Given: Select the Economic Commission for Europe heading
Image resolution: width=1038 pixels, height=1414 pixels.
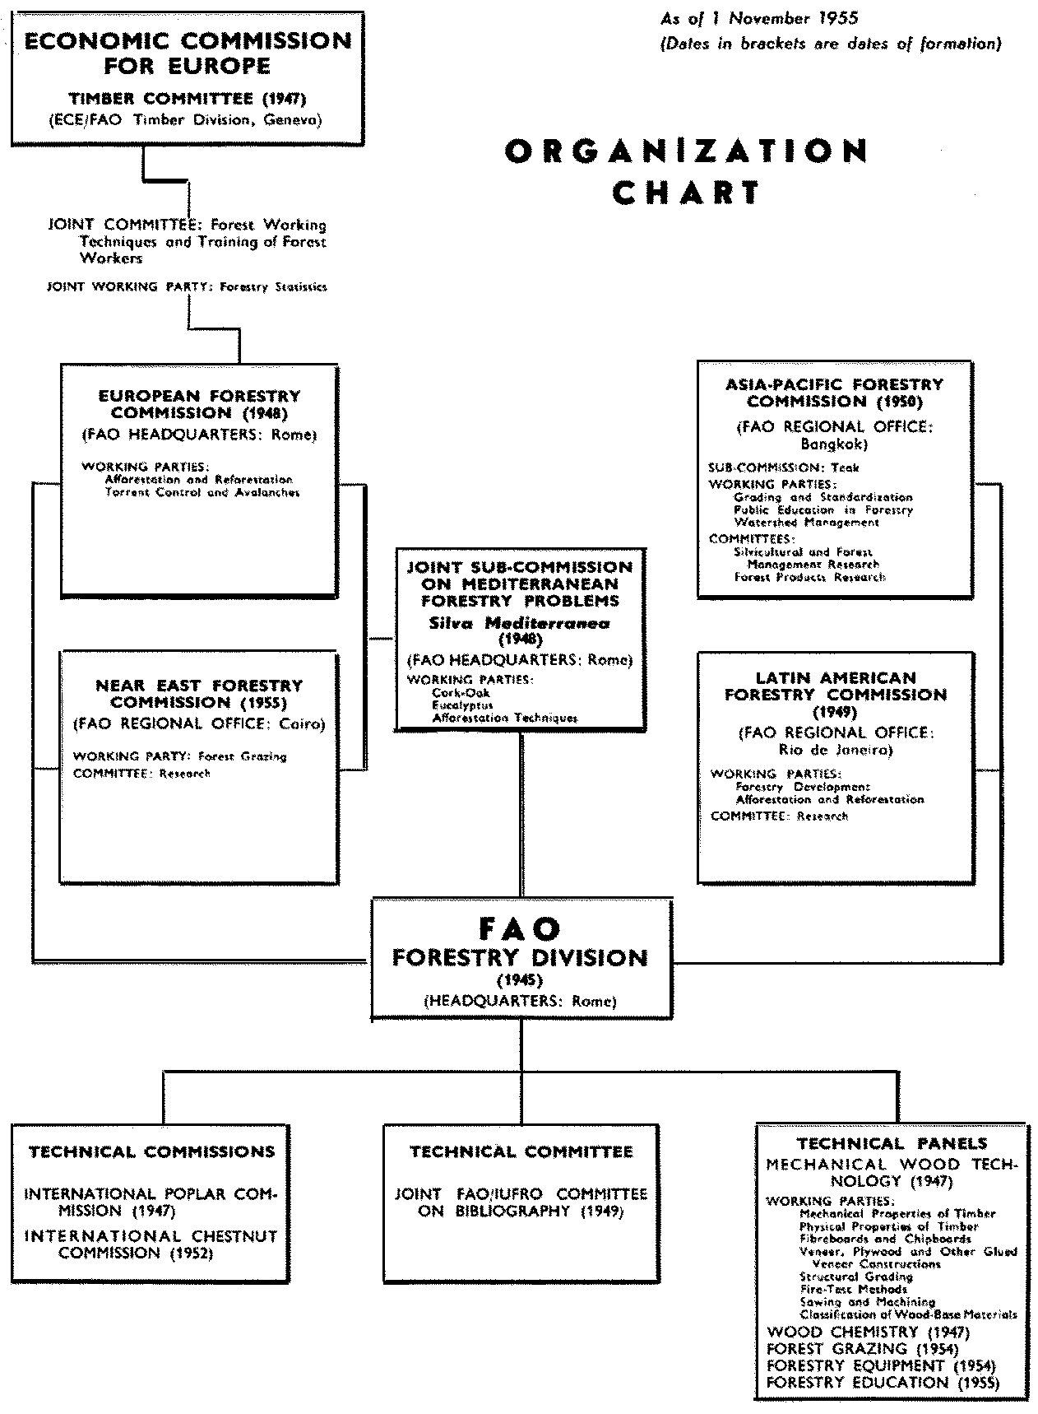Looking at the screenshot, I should tap(188, 53).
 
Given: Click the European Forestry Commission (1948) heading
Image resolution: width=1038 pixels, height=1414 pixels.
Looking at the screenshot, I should tap(200, 404).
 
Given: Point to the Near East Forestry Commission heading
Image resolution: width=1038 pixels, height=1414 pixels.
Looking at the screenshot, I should tap(199, 693).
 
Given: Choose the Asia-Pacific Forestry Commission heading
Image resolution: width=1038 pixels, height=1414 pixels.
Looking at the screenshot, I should tap(834, 393).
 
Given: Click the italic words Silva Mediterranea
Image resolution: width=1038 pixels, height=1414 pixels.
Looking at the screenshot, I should tap(520, 623).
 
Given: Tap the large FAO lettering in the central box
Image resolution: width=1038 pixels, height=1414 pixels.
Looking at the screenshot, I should tap(520, 928).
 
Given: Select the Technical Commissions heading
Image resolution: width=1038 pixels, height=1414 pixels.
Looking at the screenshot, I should tap(152, 1151).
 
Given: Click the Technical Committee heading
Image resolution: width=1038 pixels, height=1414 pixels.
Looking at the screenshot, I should tap(521, 1151).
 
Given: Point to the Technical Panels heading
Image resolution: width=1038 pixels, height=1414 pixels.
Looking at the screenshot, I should tap(892, 1143).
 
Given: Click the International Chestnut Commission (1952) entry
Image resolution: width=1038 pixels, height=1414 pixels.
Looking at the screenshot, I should tap(151, 1244).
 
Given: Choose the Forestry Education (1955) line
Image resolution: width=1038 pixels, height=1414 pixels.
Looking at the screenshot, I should tap(883, 1383).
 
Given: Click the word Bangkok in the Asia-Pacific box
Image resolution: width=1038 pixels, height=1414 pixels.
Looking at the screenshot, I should tap(834, 444).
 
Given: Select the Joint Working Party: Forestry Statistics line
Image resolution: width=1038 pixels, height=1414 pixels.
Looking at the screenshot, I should tap(188, 287).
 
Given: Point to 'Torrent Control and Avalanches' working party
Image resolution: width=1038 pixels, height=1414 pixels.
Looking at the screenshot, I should tap(202, 492).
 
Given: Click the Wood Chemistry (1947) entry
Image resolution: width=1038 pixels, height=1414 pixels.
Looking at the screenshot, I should tap(868, 1332).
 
